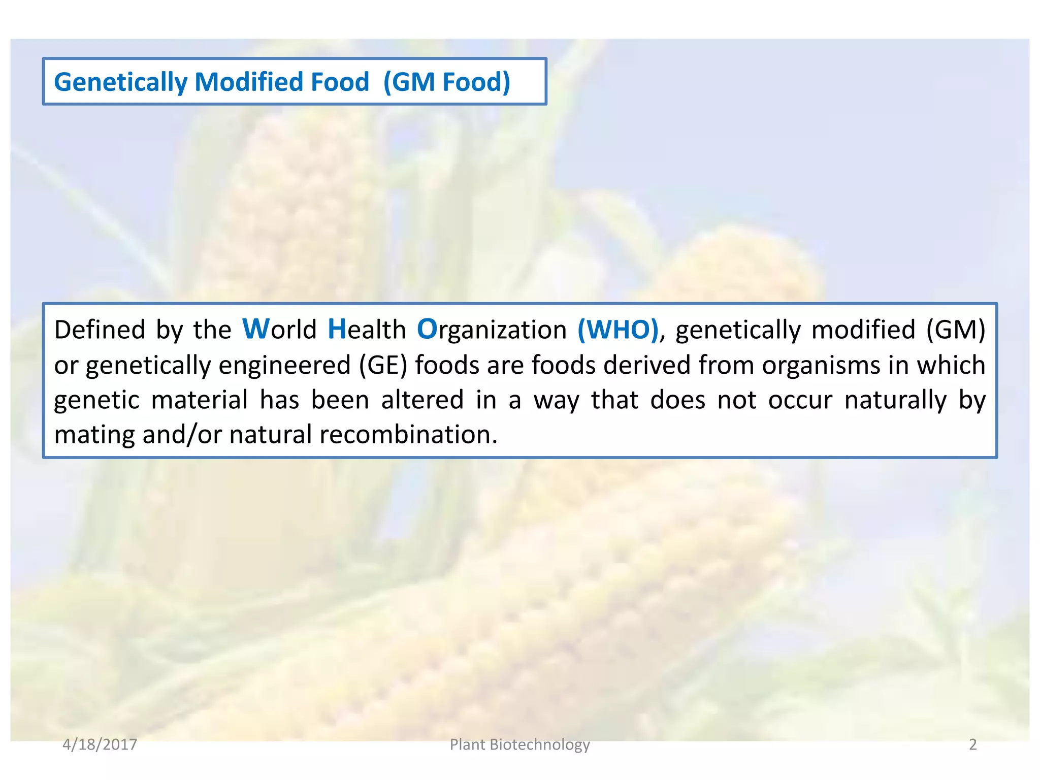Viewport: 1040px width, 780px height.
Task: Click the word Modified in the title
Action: pyautogui.click(x=282, y=82)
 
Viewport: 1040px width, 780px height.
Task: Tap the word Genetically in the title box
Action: pyautogui.click(x=120, y=82)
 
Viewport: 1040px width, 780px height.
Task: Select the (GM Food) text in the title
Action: pyautogui.click(x=447, y=82)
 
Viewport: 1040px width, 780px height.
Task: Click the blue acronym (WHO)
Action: pyautogui.click(x=618, y=330)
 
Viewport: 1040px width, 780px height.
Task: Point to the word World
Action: pyautogui.click(x=280, y=330)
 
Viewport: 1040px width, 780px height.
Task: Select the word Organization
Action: pyautogui.click(x=492, y=330)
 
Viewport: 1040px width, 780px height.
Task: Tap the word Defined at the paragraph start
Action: pyautogui.click(x=100, y=330)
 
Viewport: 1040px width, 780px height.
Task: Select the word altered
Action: pyautogui.click(x=422, y=400)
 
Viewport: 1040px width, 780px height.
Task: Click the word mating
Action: pyautogui.click(x=94, y=435)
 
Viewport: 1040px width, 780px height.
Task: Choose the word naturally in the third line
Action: pyautogui.click(x=895, y=400)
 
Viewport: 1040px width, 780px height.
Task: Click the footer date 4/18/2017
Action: pyautogui.click(x=100, y=744)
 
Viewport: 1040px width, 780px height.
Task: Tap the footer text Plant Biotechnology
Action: pyautogui.click(x=519, y=744)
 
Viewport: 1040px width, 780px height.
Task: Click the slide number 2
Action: pyautogui.click(x=972, y=744)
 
